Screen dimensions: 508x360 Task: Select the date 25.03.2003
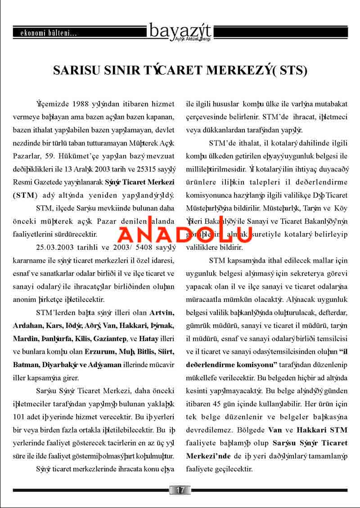click(x=54, y=247)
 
